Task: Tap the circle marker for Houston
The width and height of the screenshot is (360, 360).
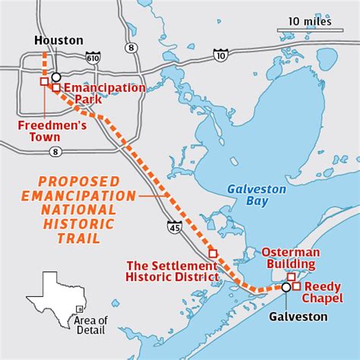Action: tap(56, 77)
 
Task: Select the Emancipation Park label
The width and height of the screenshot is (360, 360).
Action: tap(104, 93)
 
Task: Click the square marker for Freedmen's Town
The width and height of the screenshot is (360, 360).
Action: tap(44, 81)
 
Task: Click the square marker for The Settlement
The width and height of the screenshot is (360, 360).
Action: tap(213, 253)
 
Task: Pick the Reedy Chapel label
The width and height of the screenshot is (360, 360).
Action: tap(328, 292)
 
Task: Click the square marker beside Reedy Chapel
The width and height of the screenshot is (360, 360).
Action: tap(297, 286)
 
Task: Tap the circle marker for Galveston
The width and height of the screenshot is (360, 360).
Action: tap(286, 287)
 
